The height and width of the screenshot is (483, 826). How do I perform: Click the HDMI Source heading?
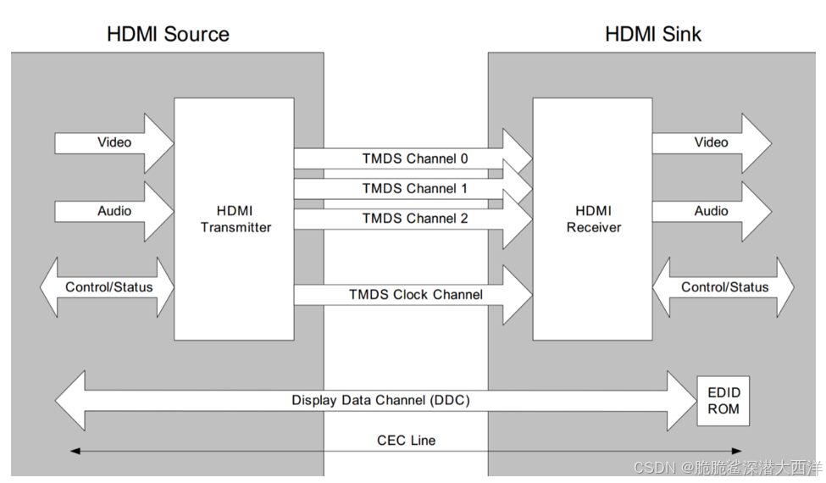[168, 34]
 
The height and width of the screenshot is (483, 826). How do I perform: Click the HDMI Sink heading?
[653, 34]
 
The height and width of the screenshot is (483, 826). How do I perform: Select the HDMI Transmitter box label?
[235, 219]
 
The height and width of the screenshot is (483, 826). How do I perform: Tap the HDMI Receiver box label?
[593, 219]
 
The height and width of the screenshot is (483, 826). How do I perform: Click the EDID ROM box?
[723, 401]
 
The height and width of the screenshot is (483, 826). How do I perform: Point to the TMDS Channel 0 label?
[414, 158]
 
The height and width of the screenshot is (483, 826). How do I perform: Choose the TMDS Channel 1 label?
[414, 188]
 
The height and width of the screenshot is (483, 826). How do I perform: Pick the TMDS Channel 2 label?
[414, 218]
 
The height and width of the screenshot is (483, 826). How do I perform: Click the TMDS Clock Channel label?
[415, 294]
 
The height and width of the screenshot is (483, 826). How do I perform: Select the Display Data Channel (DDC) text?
[380, 400]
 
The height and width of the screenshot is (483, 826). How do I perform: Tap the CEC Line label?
[406, 440]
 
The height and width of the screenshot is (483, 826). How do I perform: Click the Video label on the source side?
[114, 142]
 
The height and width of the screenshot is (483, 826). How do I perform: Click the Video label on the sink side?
[711, 142]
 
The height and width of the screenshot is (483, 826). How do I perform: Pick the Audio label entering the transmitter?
[114, 211]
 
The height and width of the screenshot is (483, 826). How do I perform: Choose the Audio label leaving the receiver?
[711, 211]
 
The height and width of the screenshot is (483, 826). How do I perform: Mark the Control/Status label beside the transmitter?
[109, 287]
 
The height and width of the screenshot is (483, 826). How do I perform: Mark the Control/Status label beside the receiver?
[724, 287]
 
